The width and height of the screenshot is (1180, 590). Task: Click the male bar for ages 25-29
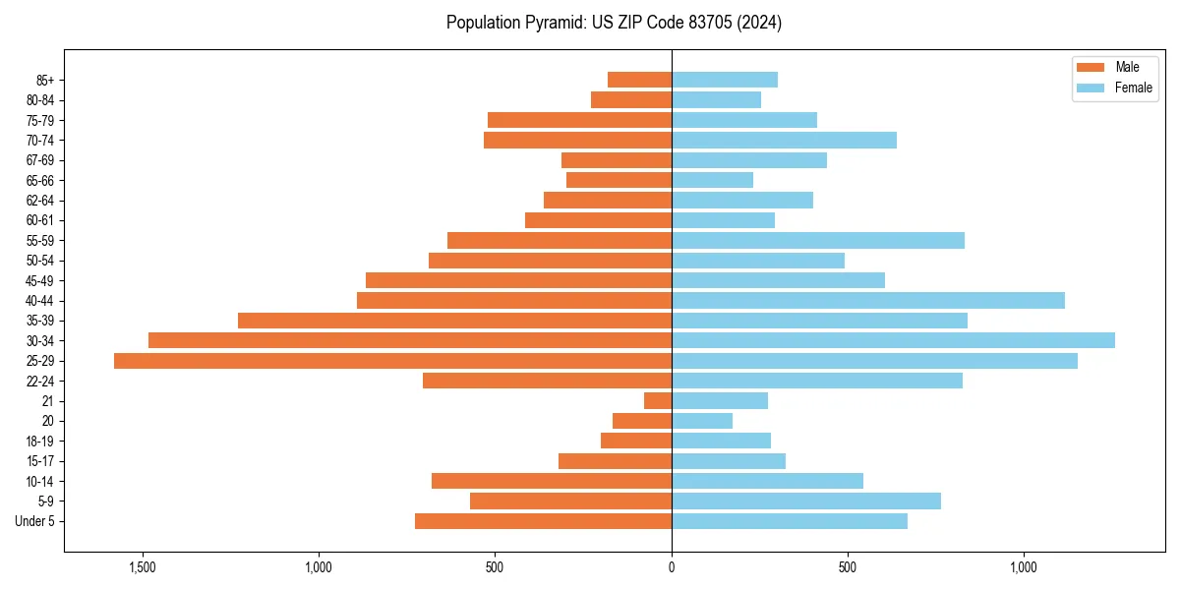coord(392,361)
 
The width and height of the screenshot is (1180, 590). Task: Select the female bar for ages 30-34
coord(893,340)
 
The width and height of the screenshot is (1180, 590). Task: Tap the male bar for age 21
coord(658,401)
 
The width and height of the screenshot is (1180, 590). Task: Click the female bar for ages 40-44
coord(868,300)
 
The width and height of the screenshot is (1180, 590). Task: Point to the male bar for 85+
coord(639,80)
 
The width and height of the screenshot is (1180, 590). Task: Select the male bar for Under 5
coord(543,521)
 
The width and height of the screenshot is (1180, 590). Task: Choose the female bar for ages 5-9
coord(806,501)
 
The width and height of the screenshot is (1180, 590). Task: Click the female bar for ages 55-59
coord(818,240)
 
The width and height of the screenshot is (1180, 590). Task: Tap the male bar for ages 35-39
coord(454,321)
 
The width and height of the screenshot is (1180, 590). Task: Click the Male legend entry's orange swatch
coord(1091,68)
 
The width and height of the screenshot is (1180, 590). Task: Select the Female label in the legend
coord(1133,88)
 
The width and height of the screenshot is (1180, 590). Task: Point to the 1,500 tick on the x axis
coord(143,567)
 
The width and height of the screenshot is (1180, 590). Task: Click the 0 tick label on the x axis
coord(672,567)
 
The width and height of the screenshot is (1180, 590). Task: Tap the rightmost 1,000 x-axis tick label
coord(1024,567)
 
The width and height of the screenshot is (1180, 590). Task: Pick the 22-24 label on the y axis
coord(40,382)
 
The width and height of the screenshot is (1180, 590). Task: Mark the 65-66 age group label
coord(40,181)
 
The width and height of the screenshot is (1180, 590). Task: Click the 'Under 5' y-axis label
coord(34,521)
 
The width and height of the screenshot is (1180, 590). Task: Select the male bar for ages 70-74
coord(577,140)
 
